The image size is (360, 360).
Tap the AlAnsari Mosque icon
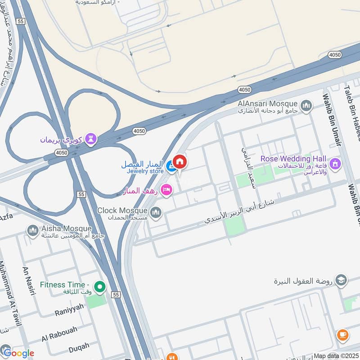click(x=306, y=106)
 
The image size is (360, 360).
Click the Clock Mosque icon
click(x=156, y=212)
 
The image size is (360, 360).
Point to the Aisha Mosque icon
click(x=32, y=231)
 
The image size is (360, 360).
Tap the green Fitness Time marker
click(x=99, y=286)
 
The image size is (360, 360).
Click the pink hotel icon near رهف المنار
click(x=166, y=191)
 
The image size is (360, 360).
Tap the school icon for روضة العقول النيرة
click(x=341, y=280)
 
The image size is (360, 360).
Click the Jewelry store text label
click(x=144, y=171)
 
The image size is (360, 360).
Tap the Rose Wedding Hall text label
click(x=293, y=159)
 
